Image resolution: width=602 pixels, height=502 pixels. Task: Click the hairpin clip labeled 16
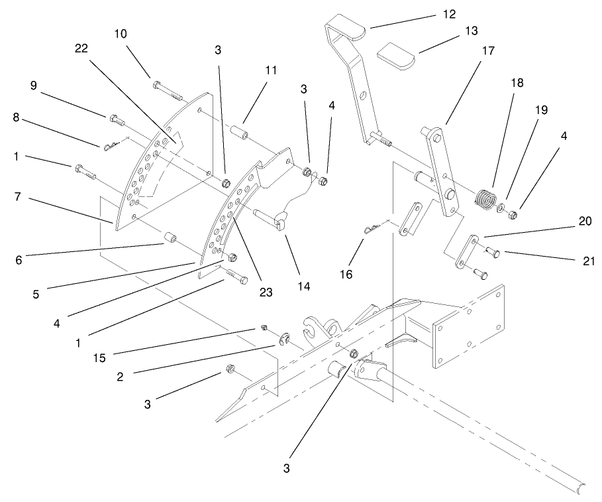(x=372, y=228)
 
